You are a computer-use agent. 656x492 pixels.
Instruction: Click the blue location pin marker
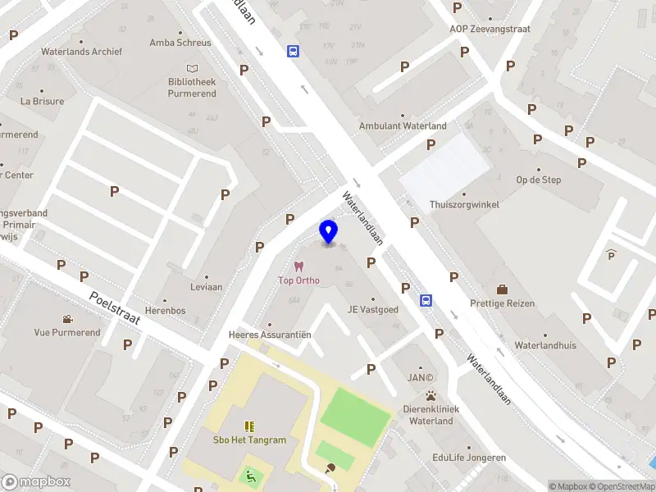pyautogui.click(x=329, y=232)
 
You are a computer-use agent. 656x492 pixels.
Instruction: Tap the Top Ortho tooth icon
pyautogui.click(x=298, y=266)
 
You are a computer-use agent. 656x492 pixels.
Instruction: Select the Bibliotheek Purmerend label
pyautogui.click(x=192, y=88)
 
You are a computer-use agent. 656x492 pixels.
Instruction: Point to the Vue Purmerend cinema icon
pyautogui.click(x=66, y=319)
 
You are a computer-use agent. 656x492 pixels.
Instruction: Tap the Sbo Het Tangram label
pyautogui.click(x=250, y=440)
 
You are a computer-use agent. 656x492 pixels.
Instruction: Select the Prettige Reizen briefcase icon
pyautogui.click(x=502, y=289)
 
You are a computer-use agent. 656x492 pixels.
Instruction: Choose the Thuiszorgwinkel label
pyautogui.click(x=464, y=204)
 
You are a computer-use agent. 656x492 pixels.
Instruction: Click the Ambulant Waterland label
pyautogui.click(x=403, y=126)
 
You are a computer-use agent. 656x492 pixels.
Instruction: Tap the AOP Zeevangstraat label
pyautogui.click(x=490, y=29)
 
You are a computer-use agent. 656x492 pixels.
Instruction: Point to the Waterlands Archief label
pyautogui.click(x=82, y=52)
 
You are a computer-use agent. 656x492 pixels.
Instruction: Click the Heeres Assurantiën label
pyautogui.click(x=269, y=335)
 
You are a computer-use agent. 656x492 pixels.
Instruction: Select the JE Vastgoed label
pyautogui.click(x=373, y=310)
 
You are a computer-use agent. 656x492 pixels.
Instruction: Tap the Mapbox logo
pyautogui.click(x=35, y=482)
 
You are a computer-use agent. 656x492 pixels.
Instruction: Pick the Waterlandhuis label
pyautogui.click(x=545, y=346)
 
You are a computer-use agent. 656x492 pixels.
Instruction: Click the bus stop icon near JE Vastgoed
pyautogui.click(x=426, y=301)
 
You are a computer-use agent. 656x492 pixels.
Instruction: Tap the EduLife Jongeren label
pyautogui.click(x=469, y=458)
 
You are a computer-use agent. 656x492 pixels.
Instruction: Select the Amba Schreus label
pyautogui.click(x=181, y=43)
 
